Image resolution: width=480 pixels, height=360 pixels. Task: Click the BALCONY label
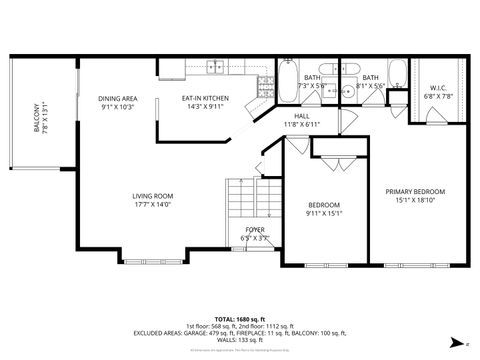tap(38, 117)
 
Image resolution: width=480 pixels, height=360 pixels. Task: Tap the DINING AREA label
tap(118, 98)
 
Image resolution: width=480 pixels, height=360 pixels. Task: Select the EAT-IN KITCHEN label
tap(205, 98)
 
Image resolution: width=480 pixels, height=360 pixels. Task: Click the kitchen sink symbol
tap(216, 68)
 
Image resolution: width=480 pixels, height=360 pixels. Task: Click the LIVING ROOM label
tap(153, 196)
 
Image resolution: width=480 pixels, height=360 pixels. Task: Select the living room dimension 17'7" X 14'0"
tap(153, 204)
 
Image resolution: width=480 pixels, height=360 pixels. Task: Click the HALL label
tap(301, 116)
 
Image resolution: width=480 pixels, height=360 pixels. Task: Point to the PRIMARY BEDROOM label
tap(415, 191)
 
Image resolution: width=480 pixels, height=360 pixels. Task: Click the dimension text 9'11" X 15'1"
tap(324, 212)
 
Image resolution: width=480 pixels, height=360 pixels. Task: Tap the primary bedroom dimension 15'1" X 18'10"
tap(415, 199)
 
